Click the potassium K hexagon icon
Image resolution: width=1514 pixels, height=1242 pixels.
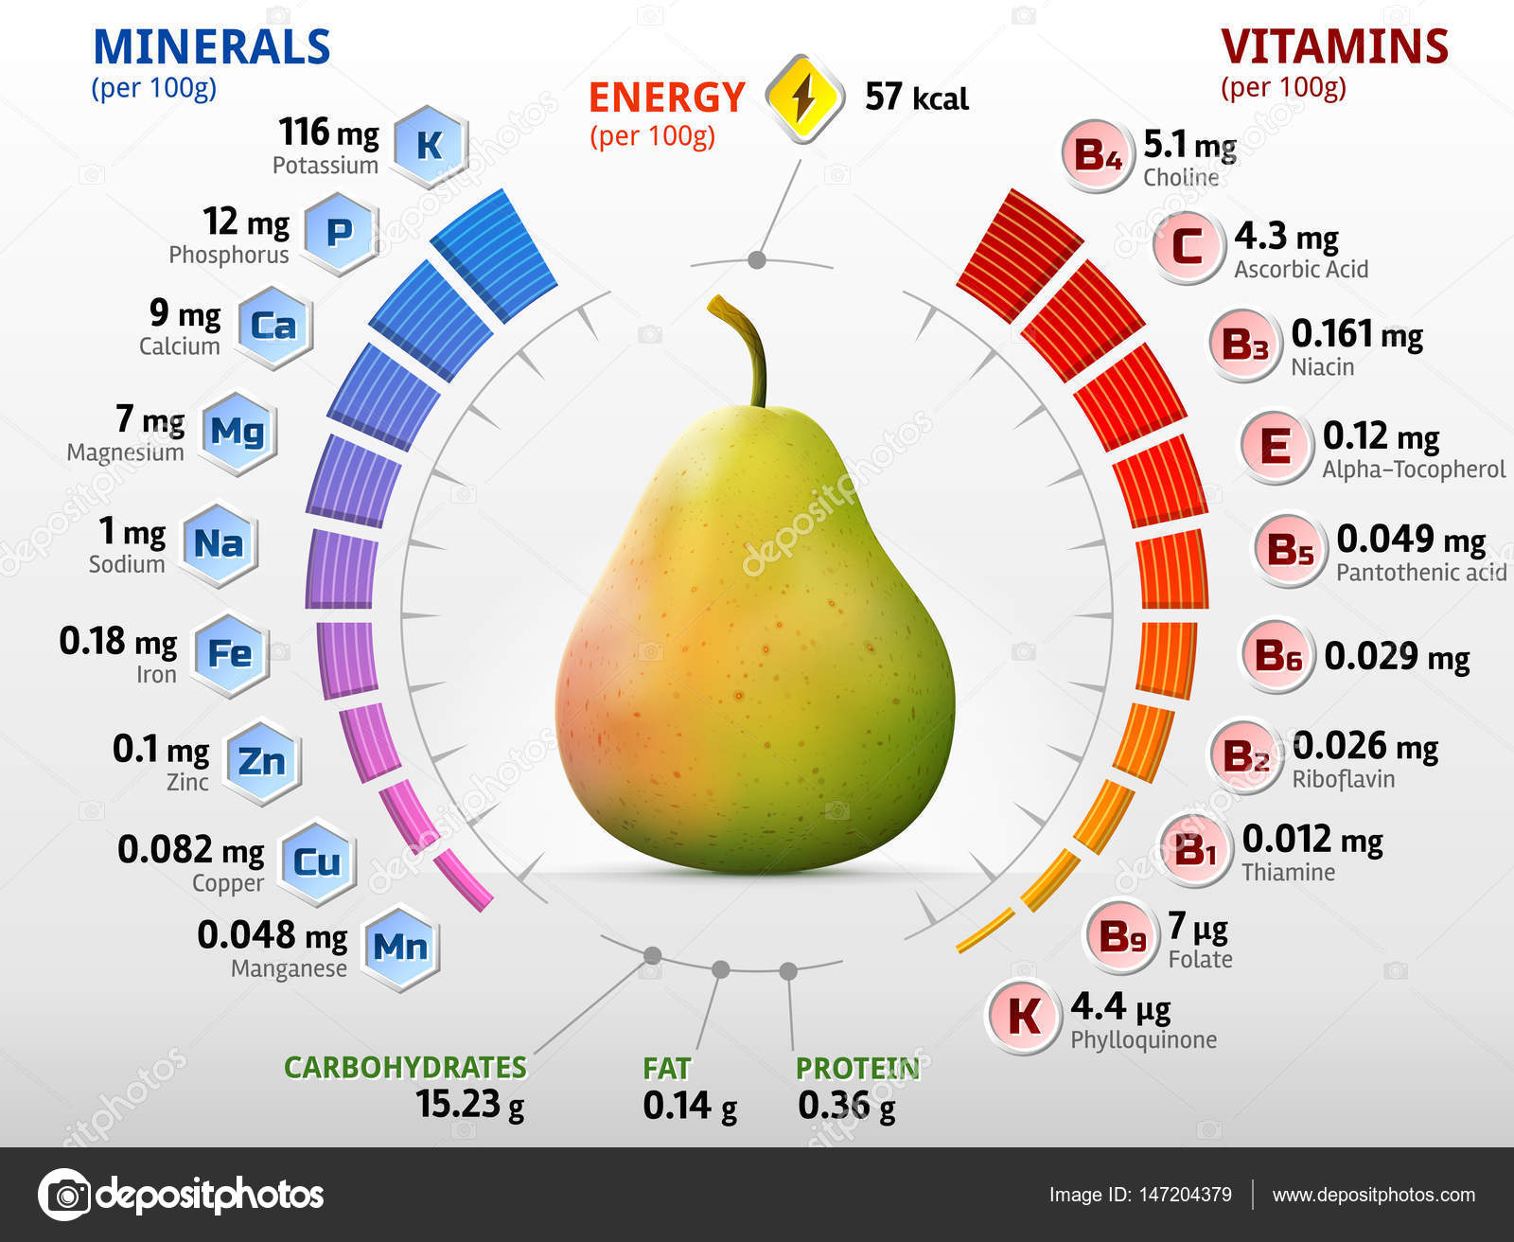(430, 146)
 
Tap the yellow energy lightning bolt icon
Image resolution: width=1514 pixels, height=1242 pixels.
(804, 98)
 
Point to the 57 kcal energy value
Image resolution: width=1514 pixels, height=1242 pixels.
(916, 97)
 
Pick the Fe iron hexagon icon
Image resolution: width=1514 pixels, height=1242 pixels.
(230, 654)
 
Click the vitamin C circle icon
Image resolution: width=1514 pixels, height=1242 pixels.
(1187, 247)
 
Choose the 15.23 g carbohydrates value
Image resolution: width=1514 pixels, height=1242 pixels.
(469, 1104)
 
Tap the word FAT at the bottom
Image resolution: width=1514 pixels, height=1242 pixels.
(666, 1068)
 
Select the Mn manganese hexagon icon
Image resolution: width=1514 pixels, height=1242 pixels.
(400, 948)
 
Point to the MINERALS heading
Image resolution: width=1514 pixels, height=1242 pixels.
(211, 47)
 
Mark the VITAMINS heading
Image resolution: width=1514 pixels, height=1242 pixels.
(1334, 46)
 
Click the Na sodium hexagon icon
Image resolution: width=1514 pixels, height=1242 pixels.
(219, 544)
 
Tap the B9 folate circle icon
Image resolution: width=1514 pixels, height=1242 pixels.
(1121, 937)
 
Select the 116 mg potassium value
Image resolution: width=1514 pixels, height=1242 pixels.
(328, 133)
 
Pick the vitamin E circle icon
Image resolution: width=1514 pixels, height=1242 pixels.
(1275, 446)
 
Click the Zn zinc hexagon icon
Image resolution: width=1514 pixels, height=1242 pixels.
(261, 761)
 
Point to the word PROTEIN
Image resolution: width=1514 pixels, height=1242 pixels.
(857, 1068)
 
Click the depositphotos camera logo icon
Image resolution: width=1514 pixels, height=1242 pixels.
(65, 1195)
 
